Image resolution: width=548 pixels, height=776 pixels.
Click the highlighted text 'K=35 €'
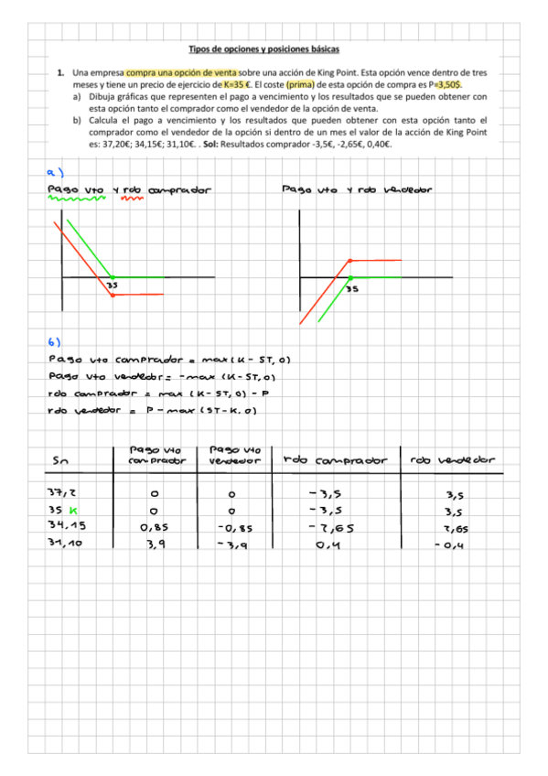239,83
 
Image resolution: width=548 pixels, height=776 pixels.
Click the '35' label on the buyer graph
112,285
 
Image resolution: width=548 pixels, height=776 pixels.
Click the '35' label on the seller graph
352,288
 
